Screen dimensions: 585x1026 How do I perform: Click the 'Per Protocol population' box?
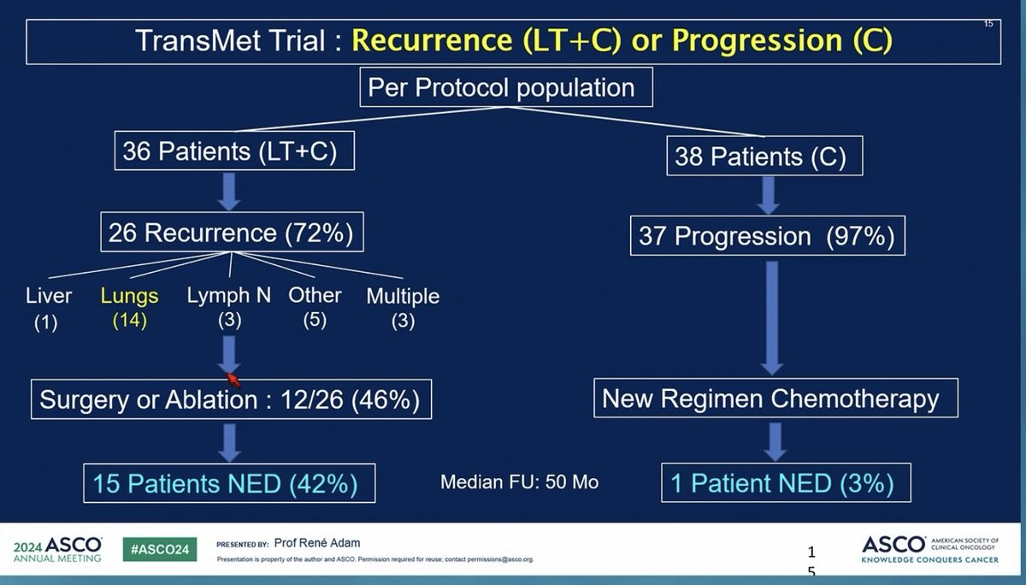coord(501,88)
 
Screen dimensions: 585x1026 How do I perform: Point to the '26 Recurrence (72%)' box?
coord(230,232)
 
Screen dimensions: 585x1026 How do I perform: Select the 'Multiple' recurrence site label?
coord(403,297)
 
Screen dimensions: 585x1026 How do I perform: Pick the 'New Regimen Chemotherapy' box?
coord(770,399)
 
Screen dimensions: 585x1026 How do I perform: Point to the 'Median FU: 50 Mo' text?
coord(520,482)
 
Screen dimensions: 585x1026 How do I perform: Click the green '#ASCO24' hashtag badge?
coord(158,550)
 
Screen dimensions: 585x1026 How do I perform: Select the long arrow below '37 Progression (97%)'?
coord(770,314)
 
